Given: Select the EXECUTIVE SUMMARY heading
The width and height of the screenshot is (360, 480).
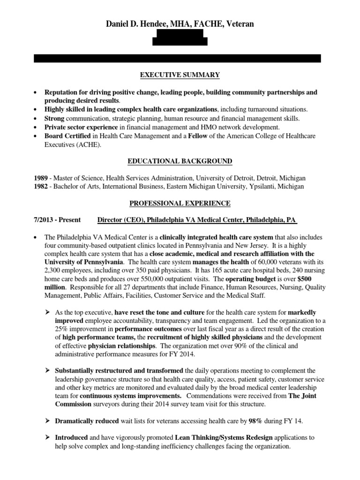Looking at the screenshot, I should [x=180, y=75].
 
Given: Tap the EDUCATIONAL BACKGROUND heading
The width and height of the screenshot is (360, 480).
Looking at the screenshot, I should [x=180, y=161].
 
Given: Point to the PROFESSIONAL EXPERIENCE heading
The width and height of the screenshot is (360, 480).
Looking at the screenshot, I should [x=180, y=203].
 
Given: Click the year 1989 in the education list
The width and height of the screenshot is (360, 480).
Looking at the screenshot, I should [x=40, y=178].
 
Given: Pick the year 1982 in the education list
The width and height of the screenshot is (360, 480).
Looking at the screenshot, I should [x=40, y=186].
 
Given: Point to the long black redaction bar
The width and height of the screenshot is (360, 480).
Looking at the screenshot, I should [x=178, y=59].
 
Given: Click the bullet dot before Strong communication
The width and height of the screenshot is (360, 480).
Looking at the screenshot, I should [x=36, y=118].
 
